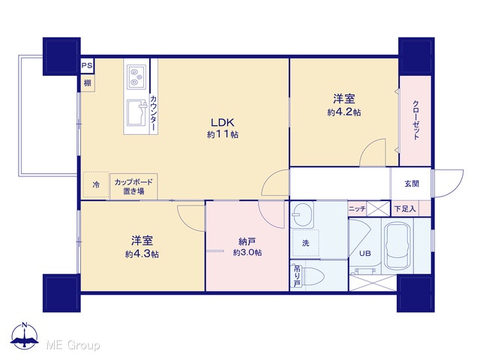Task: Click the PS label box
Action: (87, 66)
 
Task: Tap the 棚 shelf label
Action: (88, 83)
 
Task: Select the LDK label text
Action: (223, 122)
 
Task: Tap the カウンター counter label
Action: (154, 113)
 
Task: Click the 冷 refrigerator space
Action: (96, 184)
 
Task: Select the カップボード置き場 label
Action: (133, 187)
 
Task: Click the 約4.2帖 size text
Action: (343, 112)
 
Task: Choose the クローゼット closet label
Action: (415, 120)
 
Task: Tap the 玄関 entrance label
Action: (412, 184)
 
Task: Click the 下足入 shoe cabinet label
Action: (405, 209)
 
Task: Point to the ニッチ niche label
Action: (357, 209)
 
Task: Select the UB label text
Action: (365, 253)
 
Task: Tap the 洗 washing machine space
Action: (305, 243)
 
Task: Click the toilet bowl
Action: (313, 277)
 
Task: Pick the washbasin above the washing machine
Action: (302, 214)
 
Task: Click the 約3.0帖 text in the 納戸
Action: (247, 253)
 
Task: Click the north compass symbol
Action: (25, 336)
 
